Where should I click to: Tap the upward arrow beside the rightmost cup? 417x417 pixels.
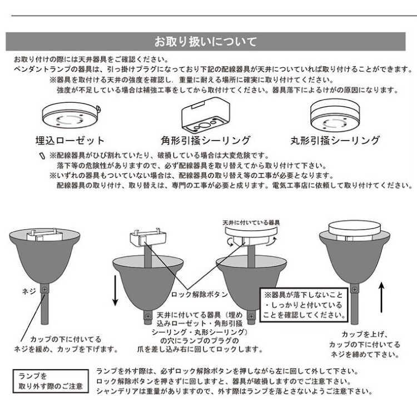click(x=383, y=295)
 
